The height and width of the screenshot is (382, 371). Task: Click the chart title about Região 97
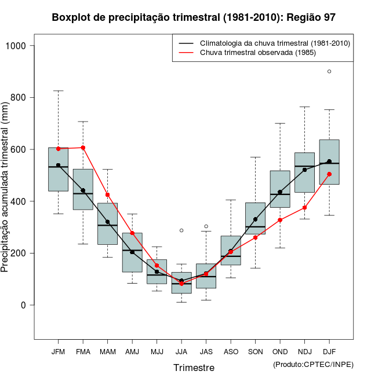click(x=194, y=17)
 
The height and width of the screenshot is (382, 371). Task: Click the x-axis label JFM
click(x=58, y=352)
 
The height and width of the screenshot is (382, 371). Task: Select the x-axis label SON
click(x=255, y=352)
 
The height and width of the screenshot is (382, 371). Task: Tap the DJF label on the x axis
click(x=329, y=352)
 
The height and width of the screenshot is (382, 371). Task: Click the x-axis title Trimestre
click(x=194, y=368)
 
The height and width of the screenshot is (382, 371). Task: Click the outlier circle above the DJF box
click(x=329, y=72)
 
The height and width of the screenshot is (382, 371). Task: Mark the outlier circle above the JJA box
click(x=181, y=230)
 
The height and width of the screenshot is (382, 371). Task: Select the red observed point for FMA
click(x=83, y=148)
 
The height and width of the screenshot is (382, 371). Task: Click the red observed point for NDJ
click(x=304, y=207)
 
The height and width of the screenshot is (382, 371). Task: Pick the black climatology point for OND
click(x=280, y=192)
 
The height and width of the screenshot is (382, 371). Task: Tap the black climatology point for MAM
click(x=107, y=222)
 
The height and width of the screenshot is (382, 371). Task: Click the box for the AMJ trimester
click(x=132, y=252)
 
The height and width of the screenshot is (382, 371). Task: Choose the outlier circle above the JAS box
click(x=206, y=226)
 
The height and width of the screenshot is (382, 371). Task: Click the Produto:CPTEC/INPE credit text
click(x=313, y=364)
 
